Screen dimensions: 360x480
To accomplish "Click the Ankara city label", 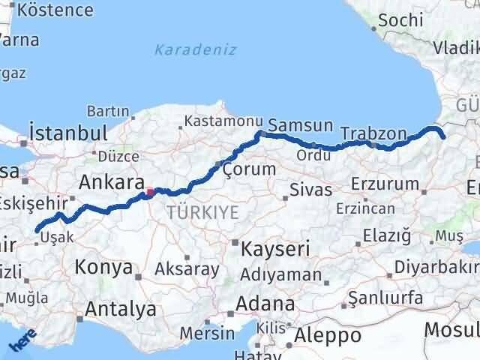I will [x=112, y=182].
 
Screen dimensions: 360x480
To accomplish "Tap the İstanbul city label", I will [x=67, y=133].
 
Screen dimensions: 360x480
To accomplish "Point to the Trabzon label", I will [x=373, y=133].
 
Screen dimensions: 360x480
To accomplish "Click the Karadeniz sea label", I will [x=195, y=50].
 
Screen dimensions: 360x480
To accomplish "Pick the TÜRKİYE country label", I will [x=203, y=212].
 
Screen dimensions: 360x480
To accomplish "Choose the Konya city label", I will [x=104, y=266].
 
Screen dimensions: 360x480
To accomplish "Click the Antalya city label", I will [x=121, y=308].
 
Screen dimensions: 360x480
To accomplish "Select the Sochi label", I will [x=400, y=21].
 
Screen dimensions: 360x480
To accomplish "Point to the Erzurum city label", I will [x=385, y=184].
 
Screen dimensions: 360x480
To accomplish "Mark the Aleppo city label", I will [x=328, y=334].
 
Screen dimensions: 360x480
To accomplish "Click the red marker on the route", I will [x=151, y=191].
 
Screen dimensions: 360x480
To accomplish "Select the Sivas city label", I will [x=311, y=189].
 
